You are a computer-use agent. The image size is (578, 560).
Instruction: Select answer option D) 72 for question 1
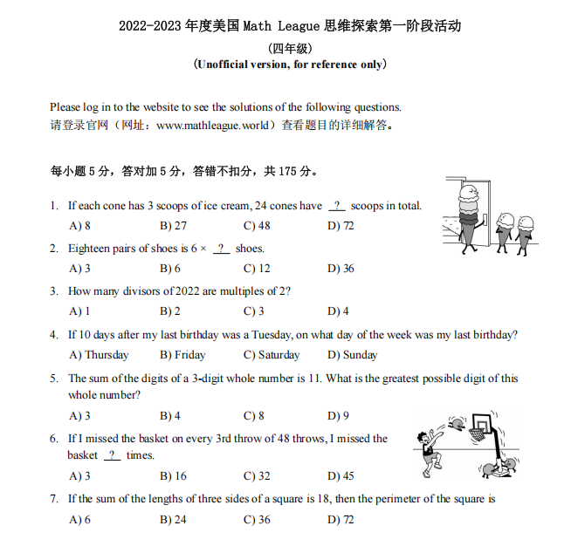[x=341, y=226]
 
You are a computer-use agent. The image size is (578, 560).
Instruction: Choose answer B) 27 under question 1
[x=173, y=226]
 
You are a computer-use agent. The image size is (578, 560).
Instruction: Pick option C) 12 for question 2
[x=257, y=269]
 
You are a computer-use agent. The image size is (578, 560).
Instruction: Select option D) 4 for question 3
[x=338, y=311]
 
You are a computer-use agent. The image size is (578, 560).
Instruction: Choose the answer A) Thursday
[x=98, y=355]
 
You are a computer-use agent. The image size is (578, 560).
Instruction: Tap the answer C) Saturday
[x=272, y=355]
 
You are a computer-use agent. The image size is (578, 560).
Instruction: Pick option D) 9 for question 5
[x=338, y=416]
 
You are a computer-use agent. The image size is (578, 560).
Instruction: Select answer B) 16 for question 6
[x=173, y=476]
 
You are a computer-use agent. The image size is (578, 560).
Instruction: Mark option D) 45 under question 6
[x=341, y=476]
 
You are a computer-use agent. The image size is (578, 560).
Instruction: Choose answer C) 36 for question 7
[x=257, y=520]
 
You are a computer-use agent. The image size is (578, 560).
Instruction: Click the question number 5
[x=54, y=379]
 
